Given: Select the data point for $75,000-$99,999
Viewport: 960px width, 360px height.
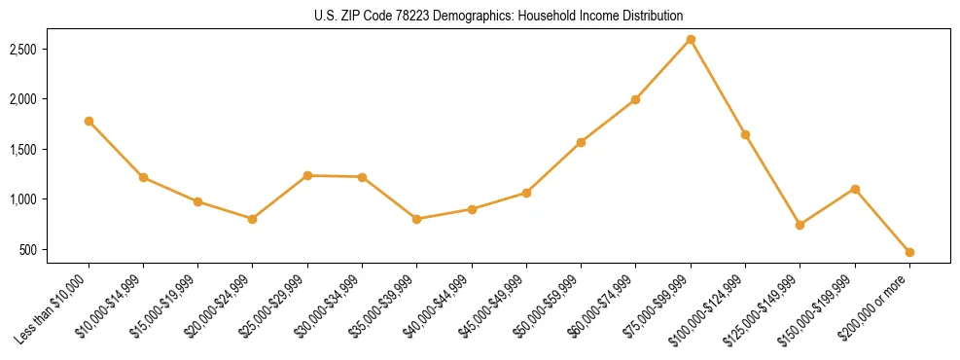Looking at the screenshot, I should coord(691,39).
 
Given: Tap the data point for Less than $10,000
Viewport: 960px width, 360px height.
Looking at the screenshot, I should coord(89,121).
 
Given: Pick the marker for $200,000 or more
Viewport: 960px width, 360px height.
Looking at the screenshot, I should coord(909,252).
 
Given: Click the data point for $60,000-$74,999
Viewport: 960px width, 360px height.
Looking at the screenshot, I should coord(635,99).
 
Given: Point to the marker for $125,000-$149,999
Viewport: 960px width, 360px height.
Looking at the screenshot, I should coord(800,225).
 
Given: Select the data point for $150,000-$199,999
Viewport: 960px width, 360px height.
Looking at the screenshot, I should coord(855,189).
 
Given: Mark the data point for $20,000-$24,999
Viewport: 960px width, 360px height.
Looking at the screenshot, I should coord(253,219).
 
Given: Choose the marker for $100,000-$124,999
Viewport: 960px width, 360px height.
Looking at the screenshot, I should coord(745,134).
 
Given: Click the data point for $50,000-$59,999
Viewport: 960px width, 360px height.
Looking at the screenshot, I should coord(581,142).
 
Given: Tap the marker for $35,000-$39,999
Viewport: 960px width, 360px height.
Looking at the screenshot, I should coord(416,219).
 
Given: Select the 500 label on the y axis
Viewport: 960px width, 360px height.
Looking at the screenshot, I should coord(54,250).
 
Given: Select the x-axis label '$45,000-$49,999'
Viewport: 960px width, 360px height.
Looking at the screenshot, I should coord(493,307).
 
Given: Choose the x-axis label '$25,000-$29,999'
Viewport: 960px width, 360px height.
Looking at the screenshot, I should coord(274,307).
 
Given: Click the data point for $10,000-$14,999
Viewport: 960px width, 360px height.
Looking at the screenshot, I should coord(143,177).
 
